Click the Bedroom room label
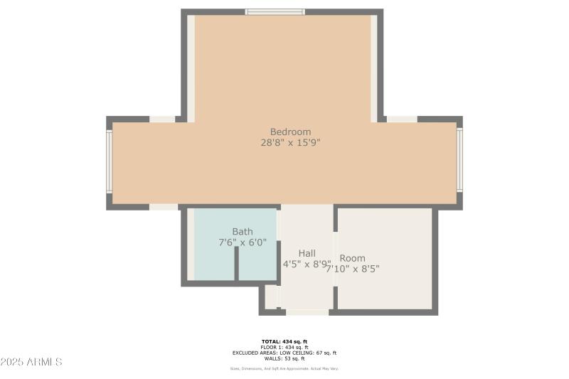pyautogui.click(x=290, y=132)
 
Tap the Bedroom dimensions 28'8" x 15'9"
pyautogui.click(x=290, y=142)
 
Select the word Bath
pyautogui.click(x=243, y=232)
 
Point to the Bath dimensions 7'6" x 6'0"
pyautogui.click(x=243, y=242)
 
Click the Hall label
pyautogui.click(x=307, y=253)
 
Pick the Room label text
pyautogui.click(x=352, y=258)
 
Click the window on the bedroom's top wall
pyautogui.click(x=275, y=11)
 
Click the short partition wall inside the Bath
pyautogui.click(x=237, y=264)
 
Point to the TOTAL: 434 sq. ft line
pyautogui.click(x=284, y=342)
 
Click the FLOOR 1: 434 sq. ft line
pyautogui.click(x=284, y=347)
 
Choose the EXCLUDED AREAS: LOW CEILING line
pyautogui.click(x=284, y=353)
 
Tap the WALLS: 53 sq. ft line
pyautogui.click(x=284, y=358)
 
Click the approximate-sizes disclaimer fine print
pyautogui.click(x=284, y=368)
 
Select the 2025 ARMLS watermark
pyautogui.click(x=32, y=362)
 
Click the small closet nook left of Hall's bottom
pyautogui.click(x=271, y=297)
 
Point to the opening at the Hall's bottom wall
pyautogui.click(x=307, y=311)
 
